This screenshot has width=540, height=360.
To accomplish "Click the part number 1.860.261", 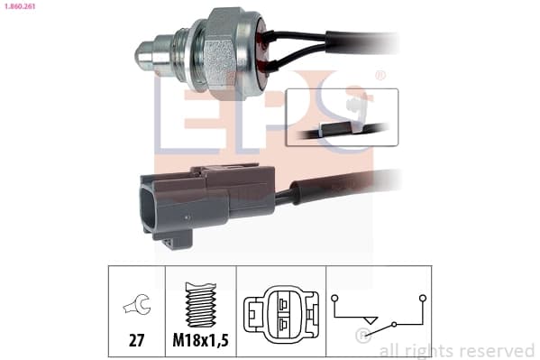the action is (x=20, y=6).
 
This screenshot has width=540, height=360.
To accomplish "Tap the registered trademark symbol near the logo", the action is (x=380, y=76).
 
